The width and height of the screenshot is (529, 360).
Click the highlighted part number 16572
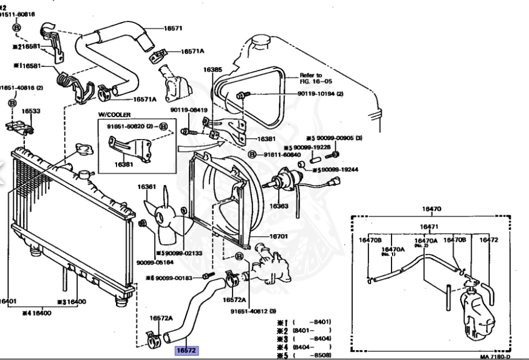coord(186,350)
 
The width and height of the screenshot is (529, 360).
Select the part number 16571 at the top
coord(173,27)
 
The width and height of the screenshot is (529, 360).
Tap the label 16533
coord(31,111)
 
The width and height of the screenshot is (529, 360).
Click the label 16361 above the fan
coord(147,187)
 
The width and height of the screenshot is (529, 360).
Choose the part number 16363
coord(279,206)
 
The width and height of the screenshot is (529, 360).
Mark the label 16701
coord(279,236)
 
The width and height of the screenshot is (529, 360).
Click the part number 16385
coord(213,70)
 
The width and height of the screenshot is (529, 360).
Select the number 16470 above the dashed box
coord(432,209)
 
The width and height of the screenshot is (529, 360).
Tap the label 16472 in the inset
coord(489,240)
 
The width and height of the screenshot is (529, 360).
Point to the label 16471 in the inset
coord(429,226)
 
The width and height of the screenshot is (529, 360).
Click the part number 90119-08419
coord(185,109)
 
